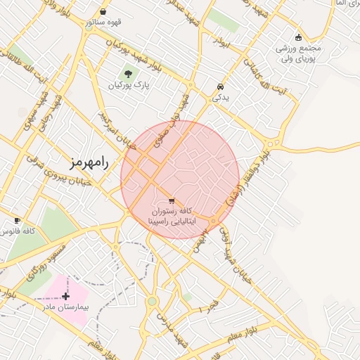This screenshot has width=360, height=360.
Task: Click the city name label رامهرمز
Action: click(x=89, y=162)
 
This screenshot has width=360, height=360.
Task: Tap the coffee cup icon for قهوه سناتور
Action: click(x=103, y=12)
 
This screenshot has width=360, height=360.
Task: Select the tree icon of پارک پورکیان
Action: click(x=128, y=73)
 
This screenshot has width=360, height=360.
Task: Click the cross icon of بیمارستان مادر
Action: click(x=66, y=296)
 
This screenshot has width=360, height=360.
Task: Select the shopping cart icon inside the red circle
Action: click(x=172, y=200)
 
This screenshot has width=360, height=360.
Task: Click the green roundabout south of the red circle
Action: click(x=152, y=302)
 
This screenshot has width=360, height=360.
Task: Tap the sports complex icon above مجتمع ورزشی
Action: click(x=299, y=37)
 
